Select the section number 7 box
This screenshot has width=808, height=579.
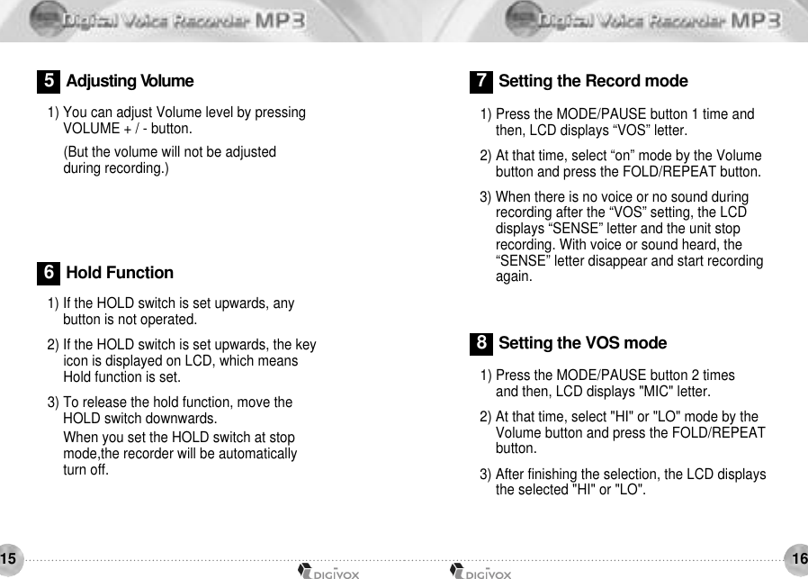coord(481,81)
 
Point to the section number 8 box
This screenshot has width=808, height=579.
coord(481,343)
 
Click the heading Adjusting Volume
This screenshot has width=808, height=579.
coord(130,81)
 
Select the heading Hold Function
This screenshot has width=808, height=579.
coord(120,273)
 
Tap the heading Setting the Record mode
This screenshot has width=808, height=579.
coord(593,81)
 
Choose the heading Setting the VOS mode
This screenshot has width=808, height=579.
coord(582,343)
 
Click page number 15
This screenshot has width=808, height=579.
coord(8,559)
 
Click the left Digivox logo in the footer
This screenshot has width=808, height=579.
coord(328,571)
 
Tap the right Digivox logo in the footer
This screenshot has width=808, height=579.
coord(480,571)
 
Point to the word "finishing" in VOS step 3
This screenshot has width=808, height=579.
coord(552,474)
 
